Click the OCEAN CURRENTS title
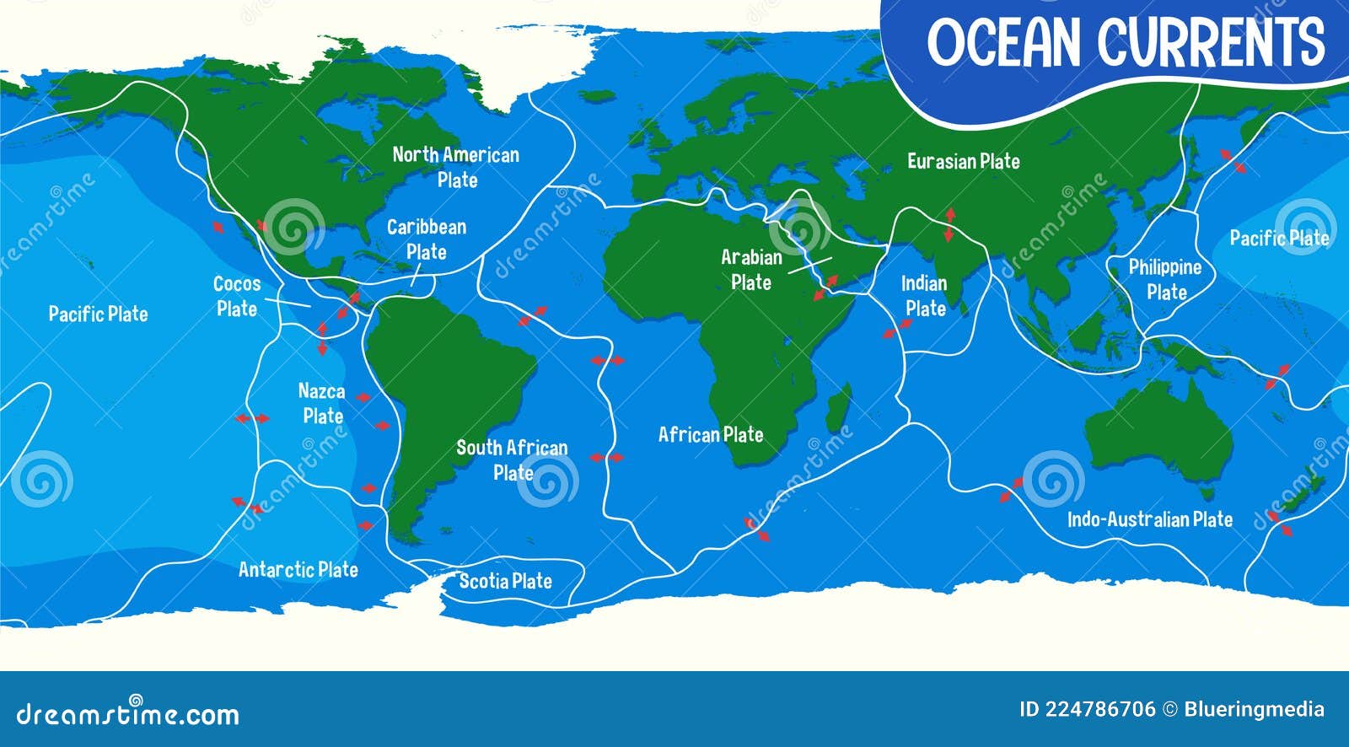pos(1126,42)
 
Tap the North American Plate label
pos(456,167)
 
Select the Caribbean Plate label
pos(427,239)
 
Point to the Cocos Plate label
pos(237,296)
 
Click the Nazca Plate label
pos(322,403)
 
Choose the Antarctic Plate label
pos(298,570)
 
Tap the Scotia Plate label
pos(505,580)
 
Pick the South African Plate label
pos(512,459)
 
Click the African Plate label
pos(711,434)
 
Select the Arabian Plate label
pos(751,270)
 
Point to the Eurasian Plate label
pos(963,161)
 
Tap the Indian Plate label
pos(925,296)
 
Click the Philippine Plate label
pos(1165,280)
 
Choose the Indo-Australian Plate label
pos(1150,519)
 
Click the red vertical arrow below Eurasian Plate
pos(950,224)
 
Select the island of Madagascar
pos(837,407)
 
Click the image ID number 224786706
pos(1100,710)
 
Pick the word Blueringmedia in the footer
pos(1254,710)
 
